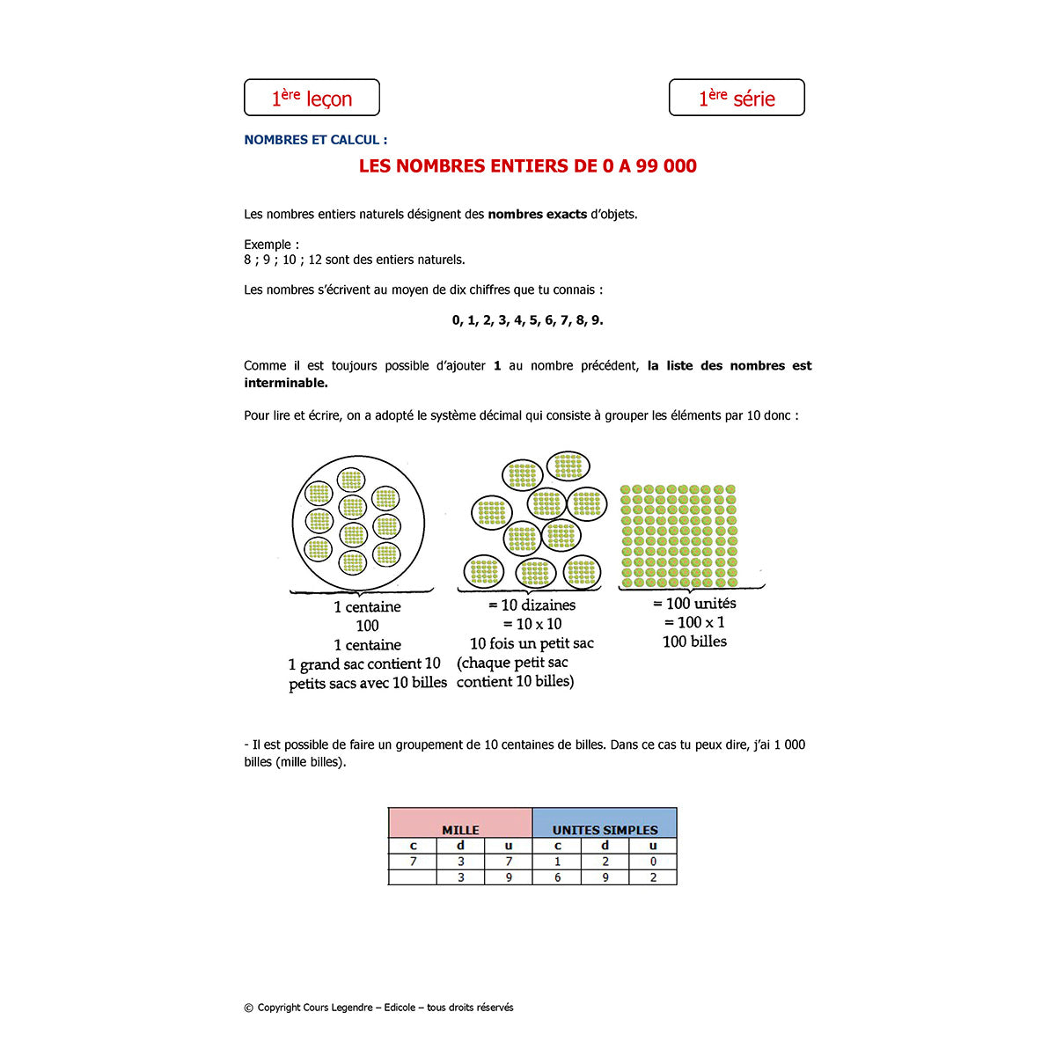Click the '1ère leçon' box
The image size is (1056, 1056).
pyautogui.click(x=312, y=98)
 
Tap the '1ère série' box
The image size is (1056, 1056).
pyautogui.click(x=737, y=98)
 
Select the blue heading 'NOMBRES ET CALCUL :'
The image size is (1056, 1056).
pyautogui.click(x=315, y=140)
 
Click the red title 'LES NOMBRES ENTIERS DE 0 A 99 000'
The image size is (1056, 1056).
pyautogui.click(x=527, y=166)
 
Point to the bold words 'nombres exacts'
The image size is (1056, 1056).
pyautogui.click(x=537, y=214)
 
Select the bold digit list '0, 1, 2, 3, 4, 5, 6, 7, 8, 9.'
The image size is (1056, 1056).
pyautogui.click(x=527, y=320)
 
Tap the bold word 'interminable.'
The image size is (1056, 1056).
pyautogui.click(x=286, y=383)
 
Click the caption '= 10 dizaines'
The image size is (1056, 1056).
pyautogui.click(x=532, y=605)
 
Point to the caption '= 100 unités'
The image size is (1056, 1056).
pyautogui.click(x=694, y=604)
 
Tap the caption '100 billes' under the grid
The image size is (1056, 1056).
pyautogui.click(x=694, y=642)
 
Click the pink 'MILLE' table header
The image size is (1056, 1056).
pyautogui.click(x=460, y=824)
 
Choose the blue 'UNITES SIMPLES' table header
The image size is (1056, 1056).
pyautogui.click(x=605, y=824)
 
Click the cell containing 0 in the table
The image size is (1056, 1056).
pyautogui.click(x=653, y=862)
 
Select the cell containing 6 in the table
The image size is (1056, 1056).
pyautogui.click(x=557, y=877)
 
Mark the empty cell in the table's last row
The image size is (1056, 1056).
pyautogui.click(x=413, y=877)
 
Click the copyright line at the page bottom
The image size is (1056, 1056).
pyautogui.click(x=378, y=1008)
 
